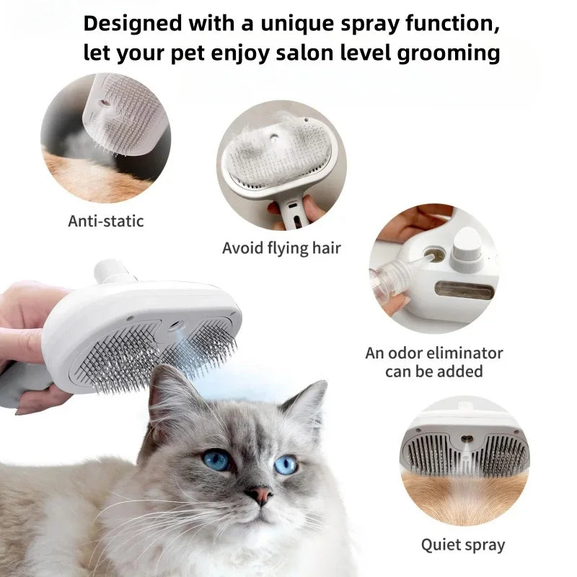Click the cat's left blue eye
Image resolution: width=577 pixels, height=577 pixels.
pyautogui.click(x=216, y=459)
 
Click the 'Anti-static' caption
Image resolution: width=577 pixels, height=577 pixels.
pyautogui.click(x=106, y=221)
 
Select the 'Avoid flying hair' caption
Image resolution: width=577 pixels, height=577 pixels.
pyautogui.click(x=281, y=248)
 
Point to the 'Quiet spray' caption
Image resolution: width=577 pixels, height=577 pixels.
pyautogui.click(x=463, y=544)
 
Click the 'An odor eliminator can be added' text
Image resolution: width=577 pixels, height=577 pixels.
pyautogui.click(x=433, y=362)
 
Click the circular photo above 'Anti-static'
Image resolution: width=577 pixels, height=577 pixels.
pyautogui.click(x=105, y=138)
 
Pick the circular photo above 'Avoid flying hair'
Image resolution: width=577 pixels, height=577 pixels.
pyautogui.click(x=282, y=165)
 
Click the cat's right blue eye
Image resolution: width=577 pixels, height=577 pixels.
pyautogui.click(x=286, y=464)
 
